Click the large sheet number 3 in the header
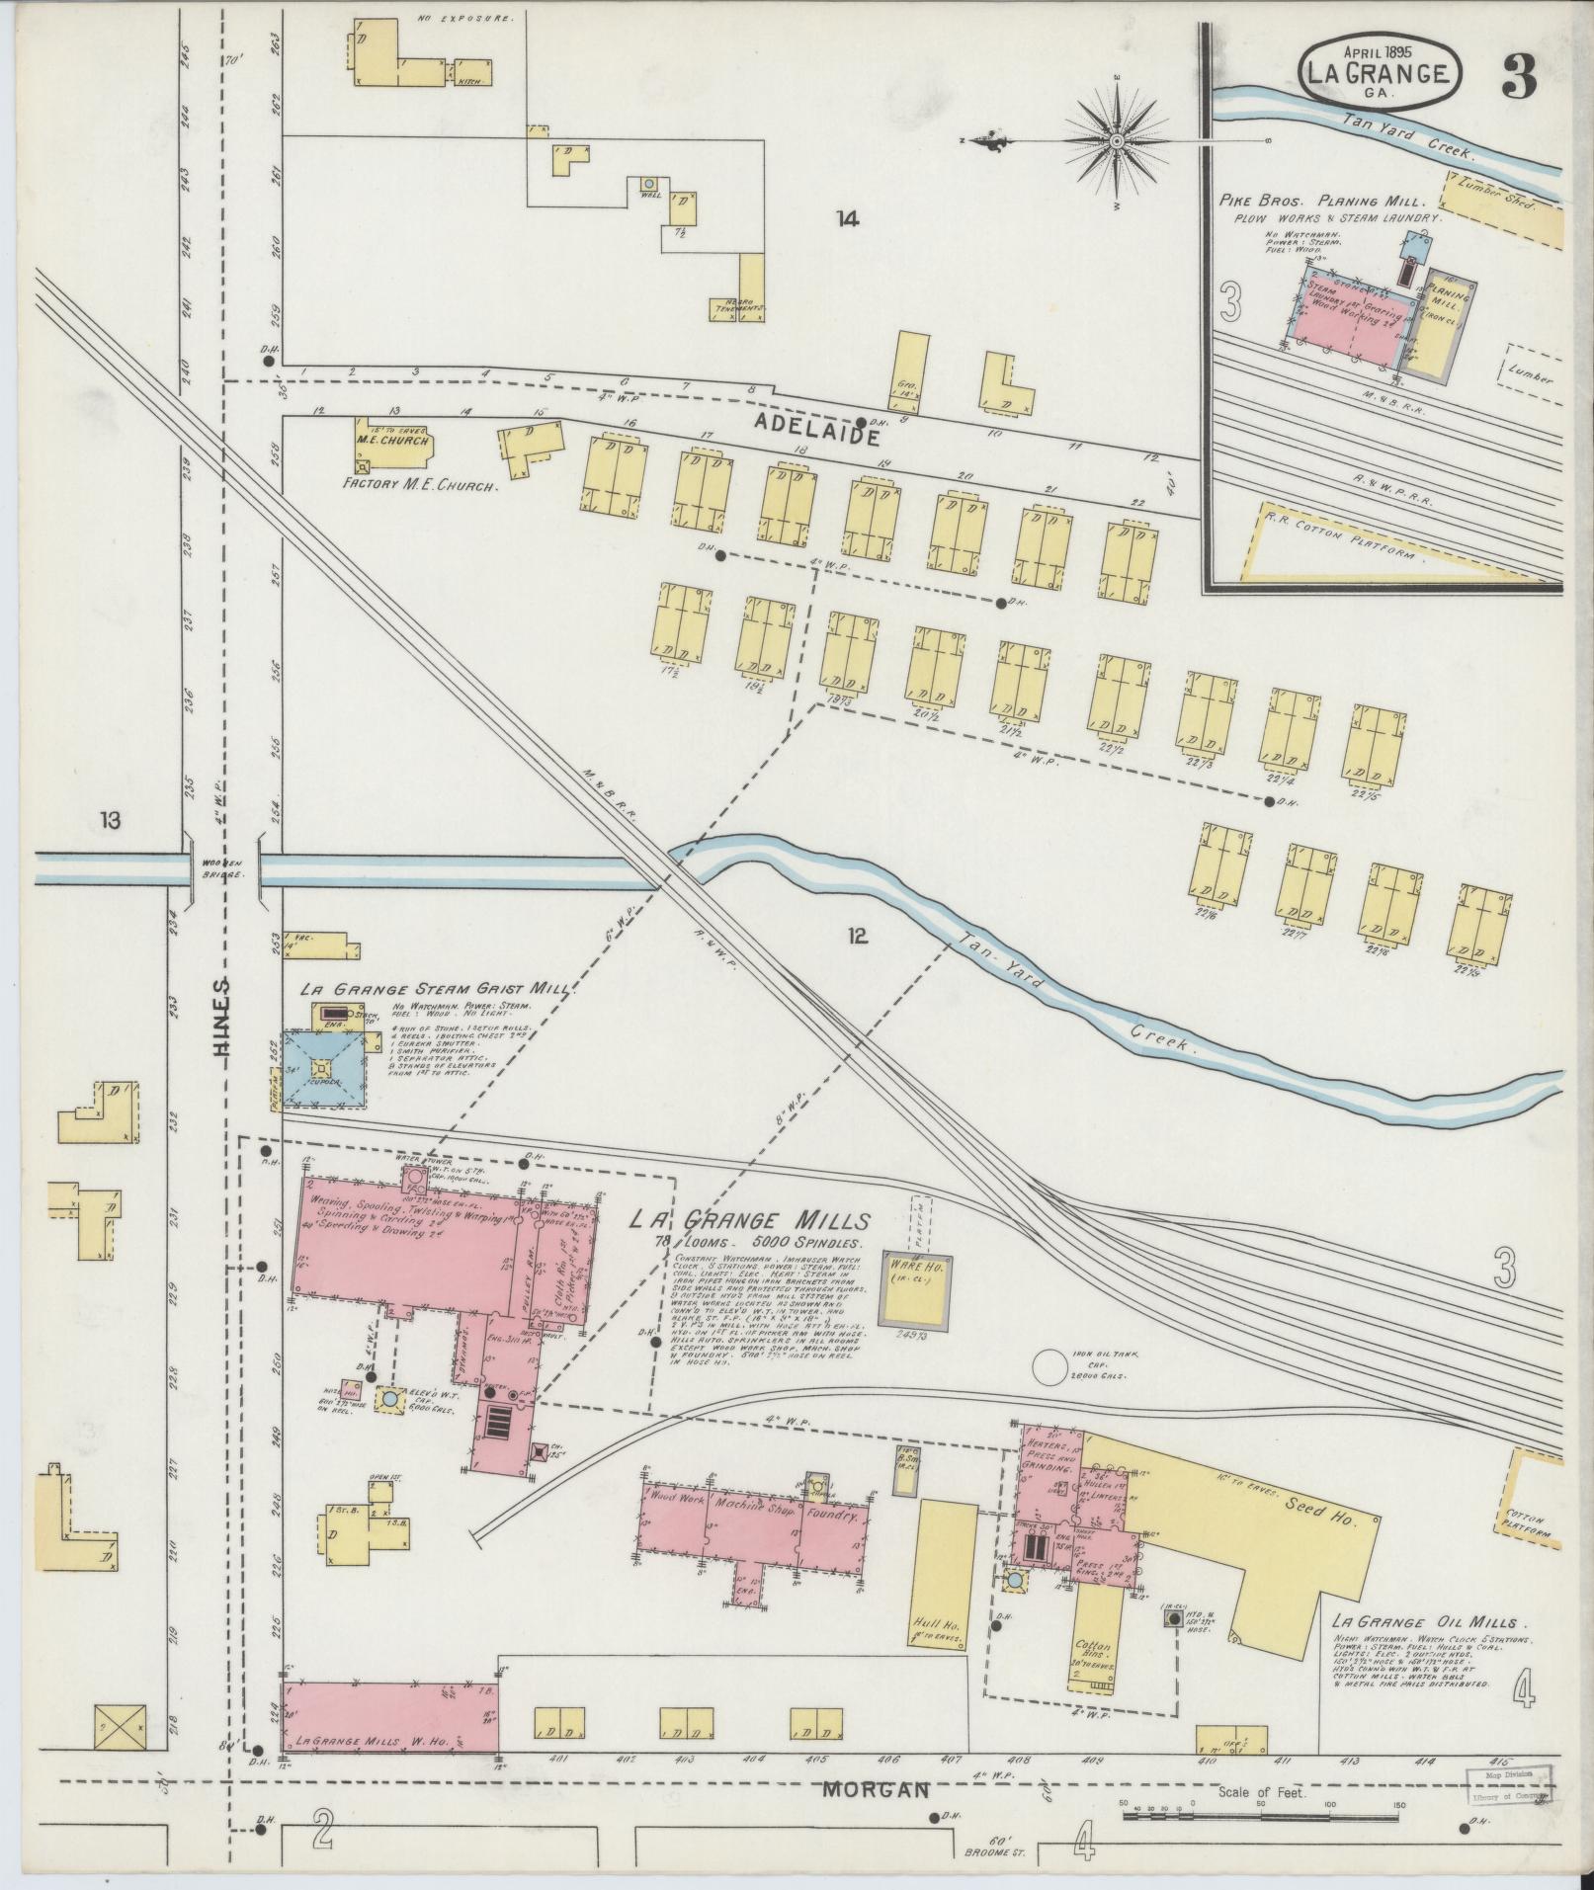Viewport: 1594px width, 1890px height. [1519, 75]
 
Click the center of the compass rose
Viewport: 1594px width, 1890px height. [1117, 142]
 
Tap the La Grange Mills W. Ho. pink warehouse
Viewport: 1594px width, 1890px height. [389, 1718]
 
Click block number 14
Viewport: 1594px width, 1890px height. [846, 218]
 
